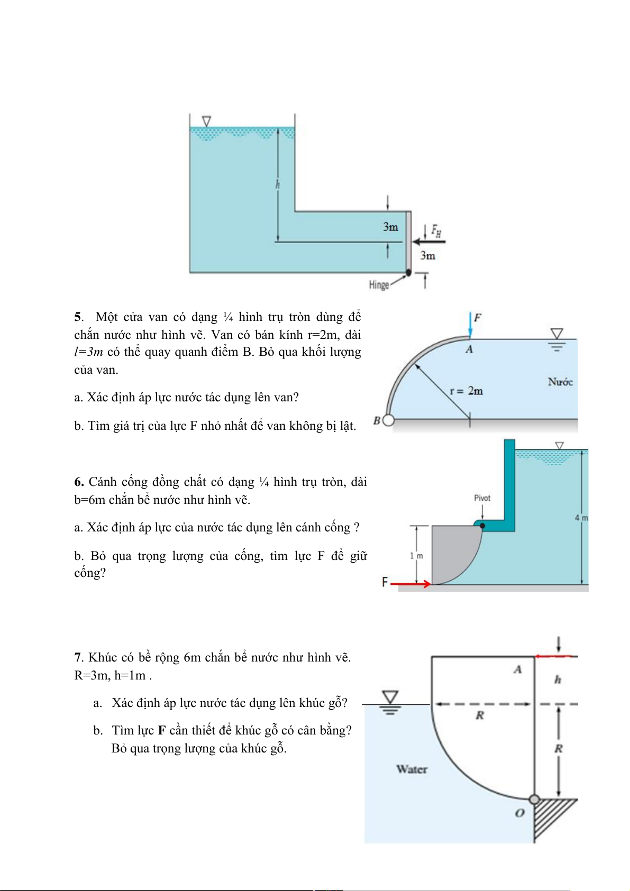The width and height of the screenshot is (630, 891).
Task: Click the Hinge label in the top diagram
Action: (379, 285)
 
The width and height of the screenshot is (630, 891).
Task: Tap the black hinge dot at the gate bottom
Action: (408, 273)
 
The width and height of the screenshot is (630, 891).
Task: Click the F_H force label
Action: (436, 231)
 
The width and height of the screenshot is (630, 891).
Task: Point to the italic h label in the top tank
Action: (278, 185)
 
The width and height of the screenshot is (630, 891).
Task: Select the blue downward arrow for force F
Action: (470, 324)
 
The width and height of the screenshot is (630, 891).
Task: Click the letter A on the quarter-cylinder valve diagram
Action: (469, 349)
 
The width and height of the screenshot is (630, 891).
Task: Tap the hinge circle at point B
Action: (388, 420)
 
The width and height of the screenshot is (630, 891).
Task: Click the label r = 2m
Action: (466, 391)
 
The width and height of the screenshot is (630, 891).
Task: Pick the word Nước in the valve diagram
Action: (560, 382)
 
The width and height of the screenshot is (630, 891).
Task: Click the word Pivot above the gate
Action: (482, 498)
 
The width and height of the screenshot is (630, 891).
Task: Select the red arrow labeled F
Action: (410, 584)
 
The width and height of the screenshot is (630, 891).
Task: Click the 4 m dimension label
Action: (581, 518)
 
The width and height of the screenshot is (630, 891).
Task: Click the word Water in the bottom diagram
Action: (412, 769)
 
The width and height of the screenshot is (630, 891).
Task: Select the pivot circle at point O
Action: (534, 799)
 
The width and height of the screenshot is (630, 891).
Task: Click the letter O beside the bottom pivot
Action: (519, 813)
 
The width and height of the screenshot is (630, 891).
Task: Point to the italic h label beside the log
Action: (558, 679)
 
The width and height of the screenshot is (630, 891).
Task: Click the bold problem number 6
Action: (79, 482)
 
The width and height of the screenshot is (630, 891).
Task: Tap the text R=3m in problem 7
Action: (92, 675)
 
